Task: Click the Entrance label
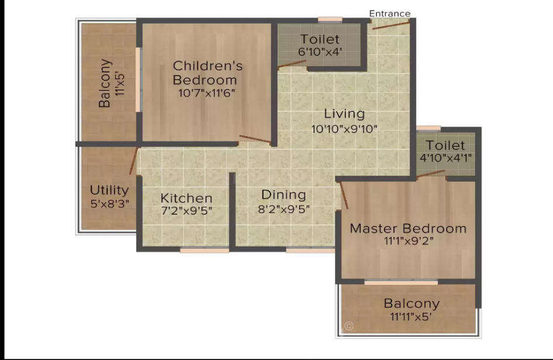(x=390, y=13)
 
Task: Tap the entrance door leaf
(x=391, y=25)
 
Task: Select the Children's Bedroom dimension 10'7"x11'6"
(x=207, y=93)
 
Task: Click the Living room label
(x=344, y=114)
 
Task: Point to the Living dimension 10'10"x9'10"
(x=344, y=129)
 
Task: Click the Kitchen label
(x=187, y=198)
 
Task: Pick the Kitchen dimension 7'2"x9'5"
(x=187, y=211)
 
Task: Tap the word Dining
(x=284, y=195)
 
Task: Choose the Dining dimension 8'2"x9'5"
(x=284, y=210)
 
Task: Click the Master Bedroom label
(x=408, y=228)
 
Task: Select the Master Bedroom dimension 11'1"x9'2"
(x=408, y=241)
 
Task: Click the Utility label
(x=109, y=191)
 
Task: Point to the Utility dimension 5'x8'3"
(x=109, y=204)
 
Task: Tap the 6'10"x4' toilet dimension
(x=320, y=52)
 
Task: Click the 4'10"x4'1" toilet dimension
(x=445, y=158)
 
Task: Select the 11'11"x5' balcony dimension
(x=411, y=317)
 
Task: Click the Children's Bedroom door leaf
(x=255, y=139)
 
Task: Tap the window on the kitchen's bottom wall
(x=205, y=251)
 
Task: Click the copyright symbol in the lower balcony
(x=349, y=326)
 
